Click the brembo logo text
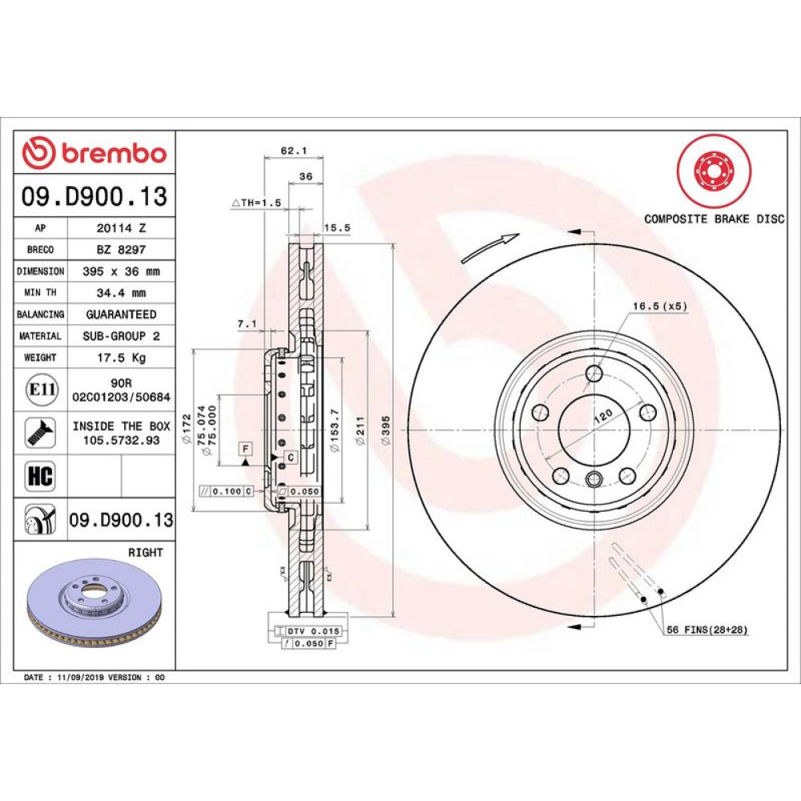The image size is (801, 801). (x=115, y=153)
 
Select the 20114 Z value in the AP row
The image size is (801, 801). (x=121, y=227)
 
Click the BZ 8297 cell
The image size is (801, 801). (x=121, y=250)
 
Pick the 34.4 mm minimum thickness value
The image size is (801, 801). (x=121, y=293)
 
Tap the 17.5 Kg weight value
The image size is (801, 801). (x=121, y=357)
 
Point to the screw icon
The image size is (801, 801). (x=40, y=433)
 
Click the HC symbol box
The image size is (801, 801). (x=40, y=476)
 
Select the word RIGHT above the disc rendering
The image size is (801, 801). (x=146, y=553)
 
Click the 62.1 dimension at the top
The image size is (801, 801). (x=294, y=151)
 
